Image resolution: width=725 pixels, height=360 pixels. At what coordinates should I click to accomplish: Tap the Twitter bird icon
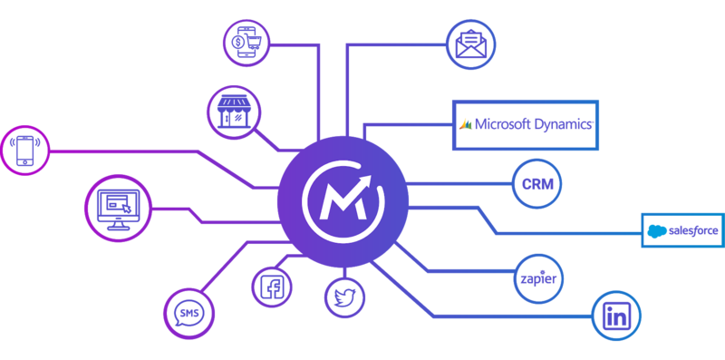pos(344,297)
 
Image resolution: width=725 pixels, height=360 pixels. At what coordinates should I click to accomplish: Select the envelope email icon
pos(470,44)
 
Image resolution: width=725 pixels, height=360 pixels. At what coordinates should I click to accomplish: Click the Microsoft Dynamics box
pos(525,124)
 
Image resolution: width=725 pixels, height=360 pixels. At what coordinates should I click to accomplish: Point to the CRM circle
pos(536,183)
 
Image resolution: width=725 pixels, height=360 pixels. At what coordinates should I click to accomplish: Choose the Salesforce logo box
pos(681,230)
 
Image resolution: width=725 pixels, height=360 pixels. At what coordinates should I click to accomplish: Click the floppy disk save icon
pos(615,316)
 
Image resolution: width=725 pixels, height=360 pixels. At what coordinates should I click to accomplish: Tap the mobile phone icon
pos(25,150)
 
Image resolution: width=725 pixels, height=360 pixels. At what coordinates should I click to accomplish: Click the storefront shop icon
pos(233,112)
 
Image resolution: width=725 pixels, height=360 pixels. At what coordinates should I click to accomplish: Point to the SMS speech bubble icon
pos(188,313)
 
